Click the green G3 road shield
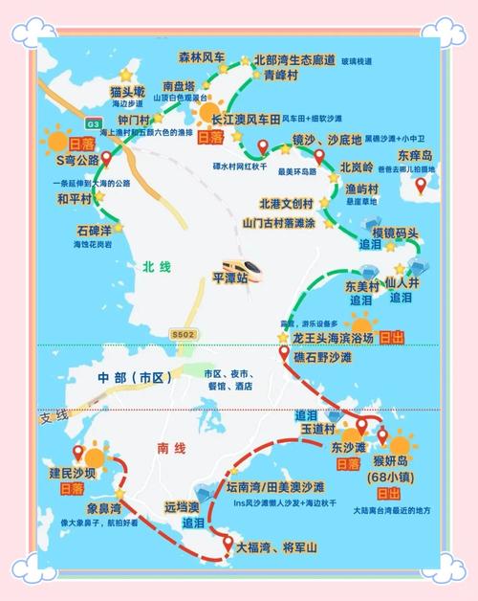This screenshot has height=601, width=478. coord(93,123)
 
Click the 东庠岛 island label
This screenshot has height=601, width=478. coord(416,154)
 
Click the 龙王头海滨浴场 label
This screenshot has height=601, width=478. coord(334,338)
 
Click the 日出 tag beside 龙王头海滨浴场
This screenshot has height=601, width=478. coord(391,338)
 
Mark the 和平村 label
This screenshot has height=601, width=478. coord(74,198)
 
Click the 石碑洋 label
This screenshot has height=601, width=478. coord(94,231)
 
